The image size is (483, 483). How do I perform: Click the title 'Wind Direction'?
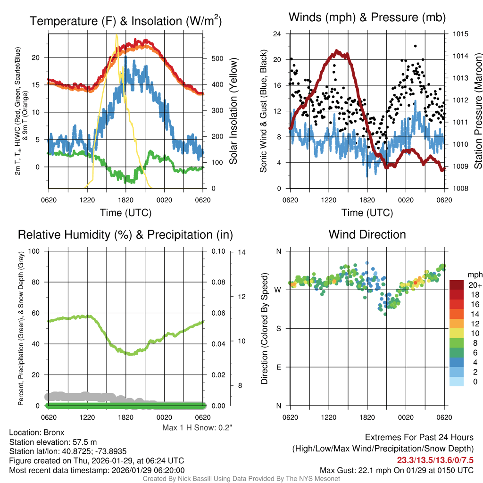(367, 234)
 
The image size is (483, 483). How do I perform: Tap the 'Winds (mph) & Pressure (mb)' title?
(367, 18)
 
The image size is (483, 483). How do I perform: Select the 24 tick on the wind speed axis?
(277, 34)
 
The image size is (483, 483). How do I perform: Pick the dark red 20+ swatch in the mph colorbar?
(457, 285)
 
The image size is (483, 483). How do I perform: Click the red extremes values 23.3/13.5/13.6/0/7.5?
(435, 460)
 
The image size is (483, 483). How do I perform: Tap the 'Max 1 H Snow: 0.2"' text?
(197, 428)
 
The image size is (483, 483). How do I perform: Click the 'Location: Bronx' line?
(36, 432)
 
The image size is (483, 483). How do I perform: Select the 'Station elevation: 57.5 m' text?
(53, 441)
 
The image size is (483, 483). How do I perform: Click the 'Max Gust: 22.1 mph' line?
(397, 470)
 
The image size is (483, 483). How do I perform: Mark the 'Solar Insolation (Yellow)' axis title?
(233, 111)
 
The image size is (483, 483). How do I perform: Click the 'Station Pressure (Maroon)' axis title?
(477, 111)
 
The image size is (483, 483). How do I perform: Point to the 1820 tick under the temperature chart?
(126, 200)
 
